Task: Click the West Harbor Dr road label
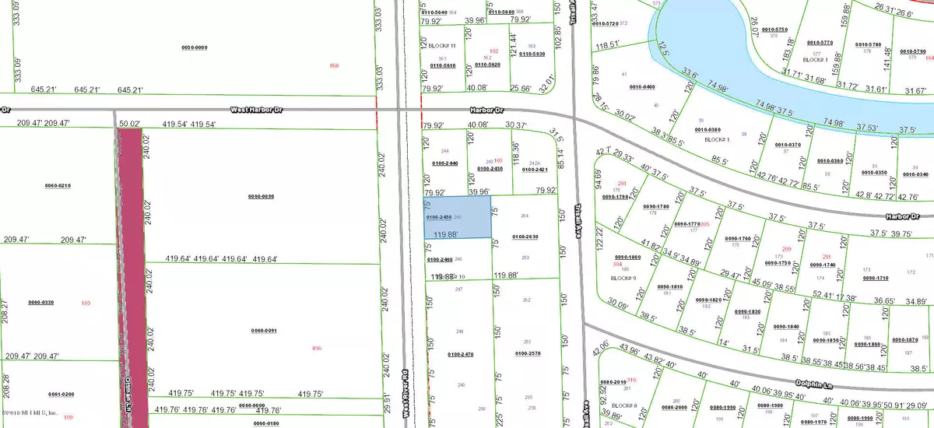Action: tap(257, 111)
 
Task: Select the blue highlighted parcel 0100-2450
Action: tap(457, 217)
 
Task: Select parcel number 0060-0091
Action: tap(263, 332)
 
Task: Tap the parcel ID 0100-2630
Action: tap(525, 236)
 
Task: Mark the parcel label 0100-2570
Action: tap(525, 353)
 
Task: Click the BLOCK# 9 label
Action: tap(623, 277)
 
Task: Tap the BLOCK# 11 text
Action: tap(441, 46)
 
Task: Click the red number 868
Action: tap(335, 65)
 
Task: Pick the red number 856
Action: tap(316, 347)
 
